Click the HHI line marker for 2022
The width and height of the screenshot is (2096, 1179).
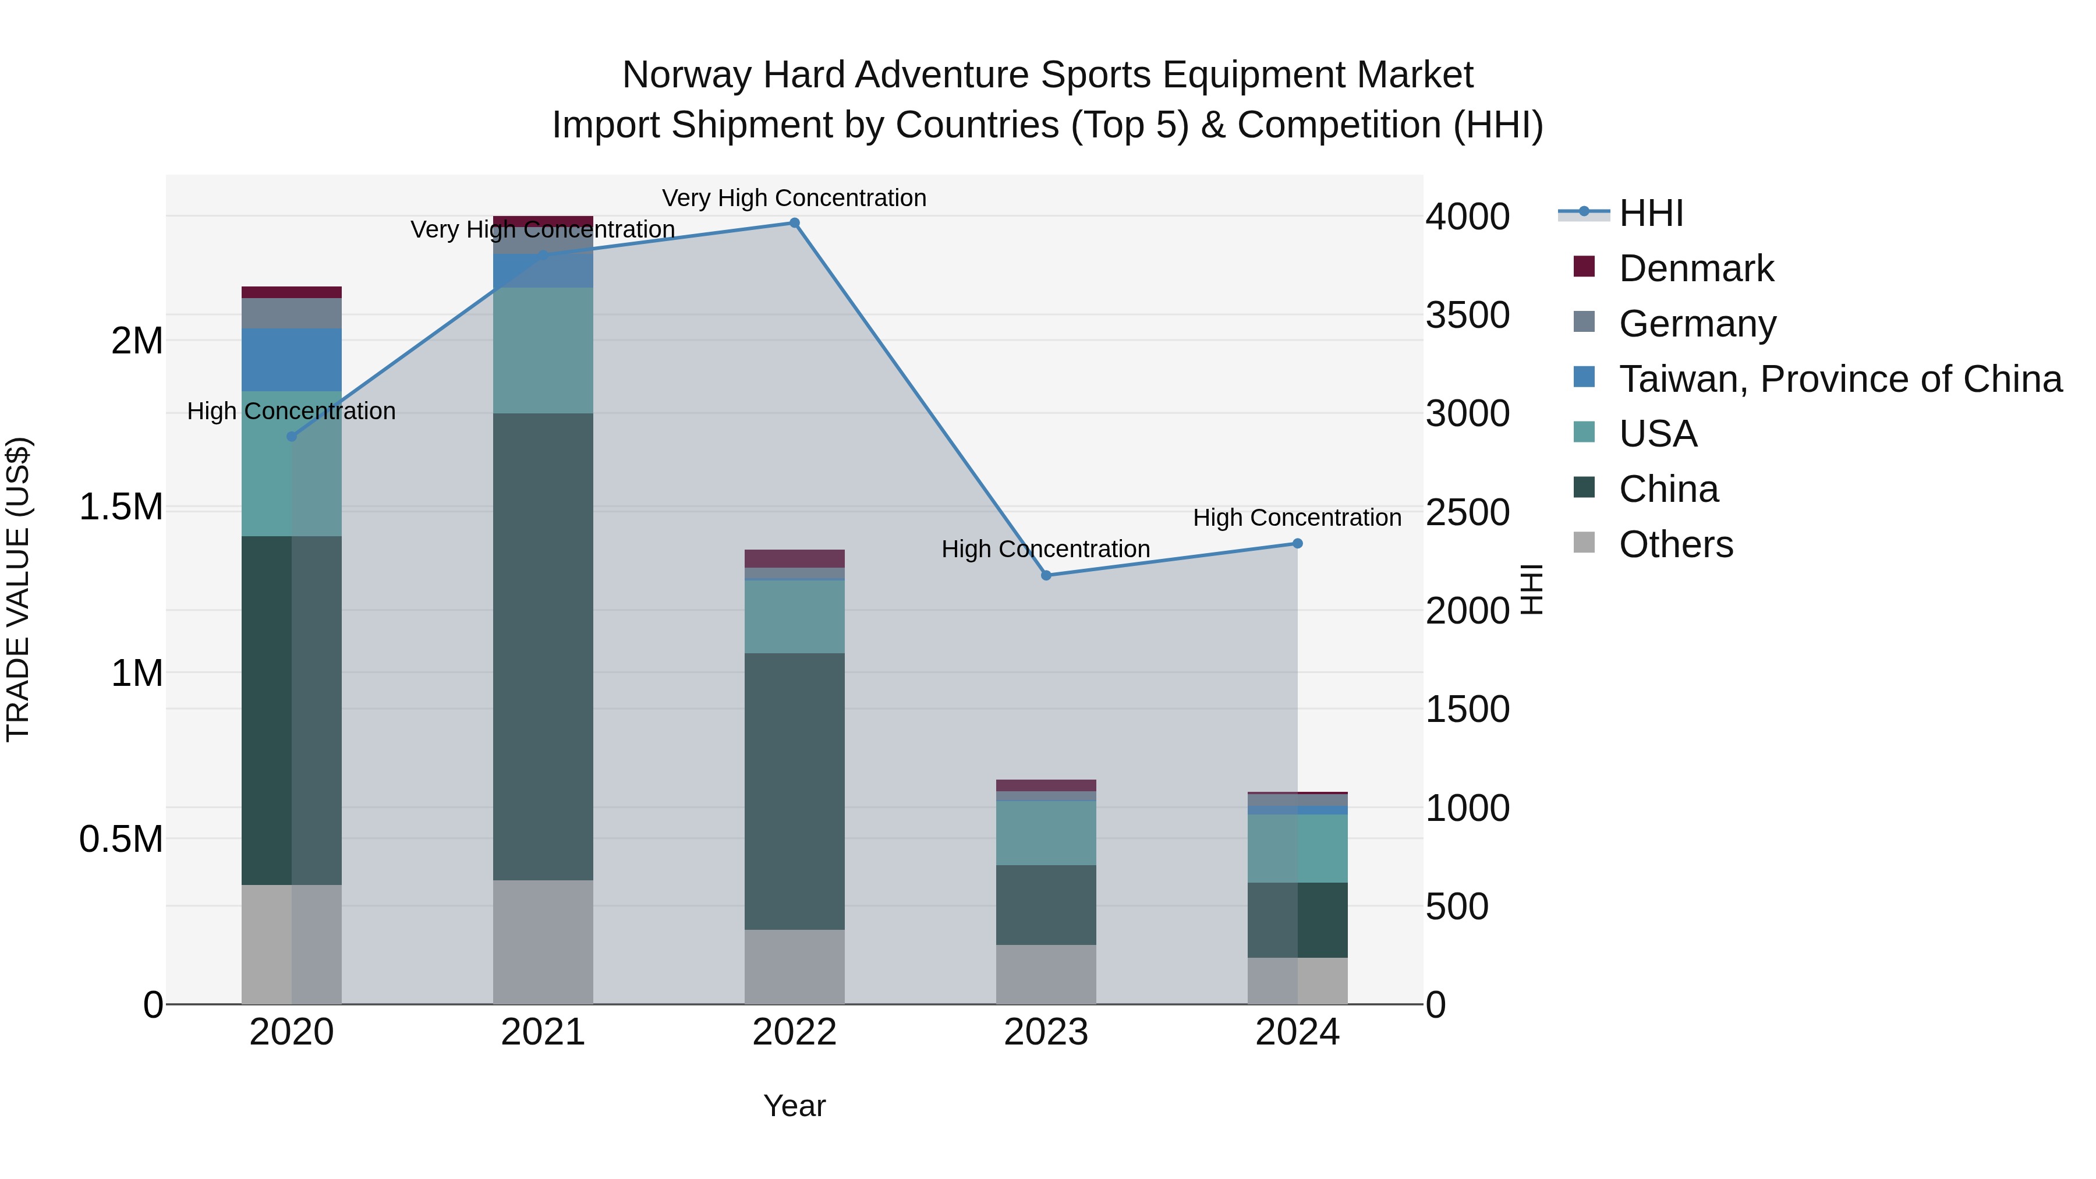(794, 223)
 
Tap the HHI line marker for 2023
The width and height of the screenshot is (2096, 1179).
(1046, 575)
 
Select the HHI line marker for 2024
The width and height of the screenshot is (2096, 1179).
(1297, 544)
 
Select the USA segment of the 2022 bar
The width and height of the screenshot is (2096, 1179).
(794, 616)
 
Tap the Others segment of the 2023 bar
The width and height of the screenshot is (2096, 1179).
(1046, 974)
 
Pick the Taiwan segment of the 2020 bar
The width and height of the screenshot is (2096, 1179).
(291, 360)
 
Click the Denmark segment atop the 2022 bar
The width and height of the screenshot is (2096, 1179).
(794, 558)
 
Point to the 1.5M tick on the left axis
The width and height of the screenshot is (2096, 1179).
(121, 507)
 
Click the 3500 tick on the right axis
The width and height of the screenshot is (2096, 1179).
(1467, 315)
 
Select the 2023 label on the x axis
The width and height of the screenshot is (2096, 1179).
(1046, 1032)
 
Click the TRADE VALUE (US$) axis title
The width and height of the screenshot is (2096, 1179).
(18, 589)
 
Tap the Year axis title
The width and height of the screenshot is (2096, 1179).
(794, 1106)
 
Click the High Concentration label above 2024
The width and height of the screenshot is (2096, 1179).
(1297, 518)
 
